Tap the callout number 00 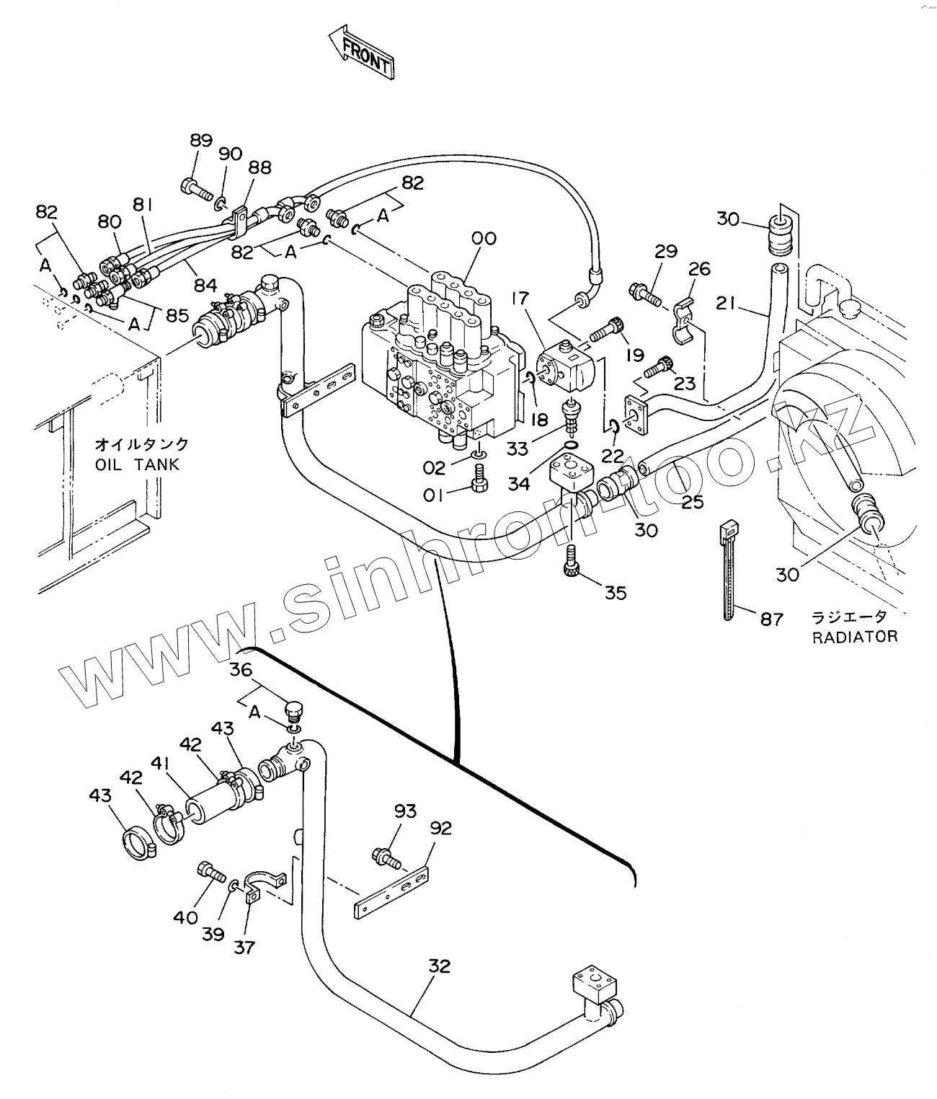[x=484, y=238]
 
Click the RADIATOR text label [x=854, y=637]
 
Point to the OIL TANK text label [x=138, y=465]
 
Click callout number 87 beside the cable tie [x=771, y=619]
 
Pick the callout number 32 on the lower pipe [x=439, y=966]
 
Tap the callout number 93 [x=405, y=811]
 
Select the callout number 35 [x=615, y=593]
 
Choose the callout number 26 [x=699, y=269]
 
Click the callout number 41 [x=161, y=763]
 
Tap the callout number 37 [x=245, y=947]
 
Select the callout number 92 [x=440, y=828]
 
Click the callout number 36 [x=241, y=670]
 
